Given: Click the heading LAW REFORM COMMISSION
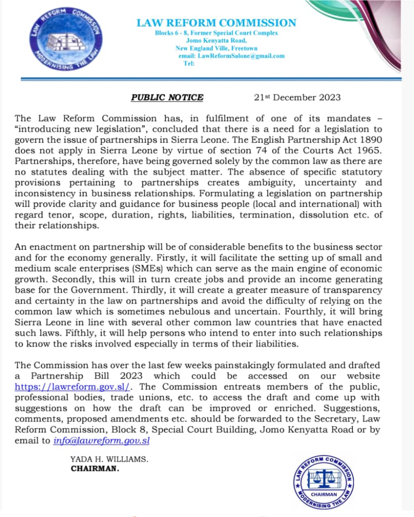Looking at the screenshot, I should pyautogui.click(x=216, y=23).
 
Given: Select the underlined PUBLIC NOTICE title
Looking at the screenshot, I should pyautogui.click(x=167, y=97).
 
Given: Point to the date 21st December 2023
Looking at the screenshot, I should pyautogui.click(x=297, y=97).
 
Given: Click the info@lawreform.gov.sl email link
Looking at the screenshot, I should pyautogui.click(x=102, y=440).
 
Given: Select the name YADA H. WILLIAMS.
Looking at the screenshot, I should pyautogui.click(x=109, y=459).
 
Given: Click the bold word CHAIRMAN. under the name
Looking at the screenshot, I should pyautogui.click(x=95, y=469).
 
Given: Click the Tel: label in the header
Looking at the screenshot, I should pyautogui.click(x=189, y=63).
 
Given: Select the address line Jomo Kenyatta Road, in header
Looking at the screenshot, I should pyautogui.click(x=217, y=41).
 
